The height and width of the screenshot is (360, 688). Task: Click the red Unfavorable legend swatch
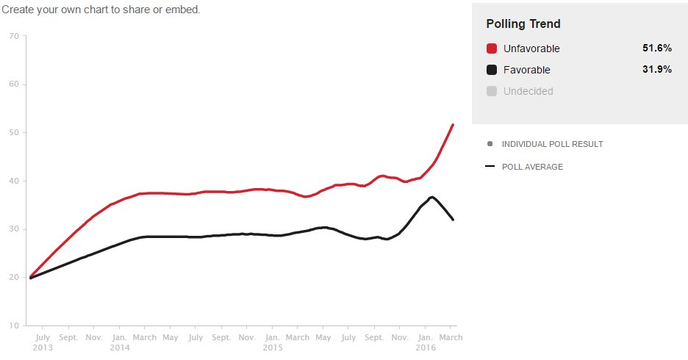pos(492,48)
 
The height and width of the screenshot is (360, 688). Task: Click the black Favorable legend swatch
pos(492,70)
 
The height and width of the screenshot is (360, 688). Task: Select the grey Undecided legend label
pos(528,91)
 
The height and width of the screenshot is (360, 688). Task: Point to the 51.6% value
pos(657,48)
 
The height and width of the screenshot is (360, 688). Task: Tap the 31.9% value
pos(657,69)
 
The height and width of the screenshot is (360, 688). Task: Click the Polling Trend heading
pos(523,24)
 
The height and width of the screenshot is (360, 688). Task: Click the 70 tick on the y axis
pos(14,36)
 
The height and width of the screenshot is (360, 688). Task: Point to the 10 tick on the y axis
pos(14,325)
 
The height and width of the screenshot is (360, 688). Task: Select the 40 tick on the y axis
pos(14,181)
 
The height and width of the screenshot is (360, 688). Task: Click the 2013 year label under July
pos(43,348)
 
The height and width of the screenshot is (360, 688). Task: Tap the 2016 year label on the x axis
pos(426,348)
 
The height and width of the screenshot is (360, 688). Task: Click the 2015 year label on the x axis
pos(273,348)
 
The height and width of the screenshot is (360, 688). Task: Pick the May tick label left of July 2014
pos(171,338)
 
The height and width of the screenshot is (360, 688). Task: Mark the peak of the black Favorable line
pos(432,197)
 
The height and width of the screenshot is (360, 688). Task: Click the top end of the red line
pos(453,125)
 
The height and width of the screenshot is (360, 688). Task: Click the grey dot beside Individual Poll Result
pos(490,144)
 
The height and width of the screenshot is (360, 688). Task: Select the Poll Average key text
pos(532,167)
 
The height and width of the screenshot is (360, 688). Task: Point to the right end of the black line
pos(453,219)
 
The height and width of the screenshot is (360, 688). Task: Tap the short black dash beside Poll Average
pos(490,166)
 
